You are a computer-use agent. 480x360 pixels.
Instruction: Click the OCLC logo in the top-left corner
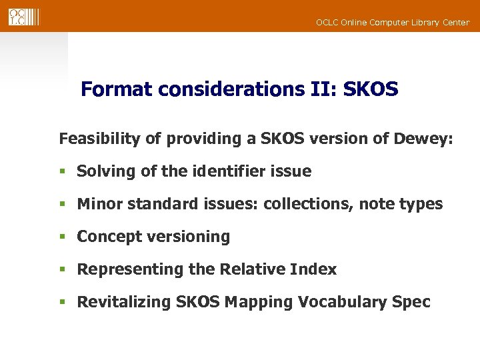coord(23,17)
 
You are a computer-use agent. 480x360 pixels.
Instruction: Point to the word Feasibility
coord(95,139)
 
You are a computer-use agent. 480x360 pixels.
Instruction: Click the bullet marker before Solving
coord(63,172)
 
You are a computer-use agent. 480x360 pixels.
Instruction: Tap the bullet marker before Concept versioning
coord(63,237)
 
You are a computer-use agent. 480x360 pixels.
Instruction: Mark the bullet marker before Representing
coord(63,270)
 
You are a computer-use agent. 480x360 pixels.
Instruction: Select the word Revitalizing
coord(124,302)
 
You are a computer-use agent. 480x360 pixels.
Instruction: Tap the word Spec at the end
coord(411,302)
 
